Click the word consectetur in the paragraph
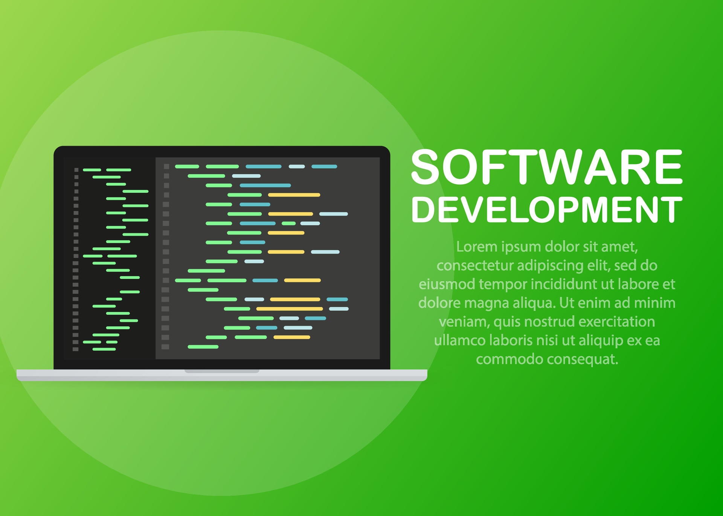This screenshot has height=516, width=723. coord(475,265)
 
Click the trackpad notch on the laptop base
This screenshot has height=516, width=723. coord(222,371)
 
